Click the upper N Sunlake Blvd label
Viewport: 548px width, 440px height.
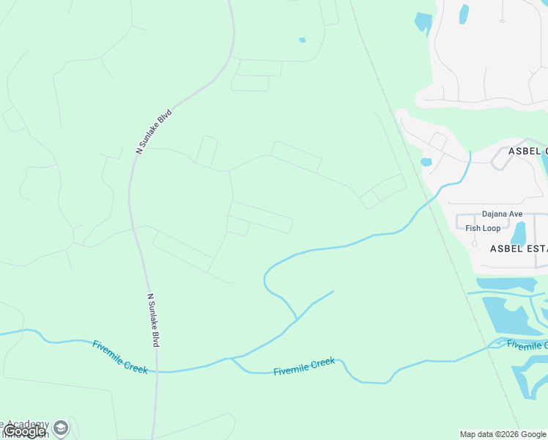point(154,131)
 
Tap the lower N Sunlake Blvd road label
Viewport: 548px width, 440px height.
point(154,320)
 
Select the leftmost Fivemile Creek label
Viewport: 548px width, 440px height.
point(120,356)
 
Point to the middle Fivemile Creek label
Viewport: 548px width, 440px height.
point(304,367)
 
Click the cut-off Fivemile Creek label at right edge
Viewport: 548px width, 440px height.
point(526,344)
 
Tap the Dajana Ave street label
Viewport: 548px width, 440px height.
point(502,214)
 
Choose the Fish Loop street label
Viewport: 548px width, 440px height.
point(483,228)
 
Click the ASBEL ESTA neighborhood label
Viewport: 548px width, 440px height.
point(518,249)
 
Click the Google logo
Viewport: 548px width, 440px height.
point(23,431)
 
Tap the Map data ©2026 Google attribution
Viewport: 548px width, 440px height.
point(503,434)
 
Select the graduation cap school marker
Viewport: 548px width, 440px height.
point(61,427)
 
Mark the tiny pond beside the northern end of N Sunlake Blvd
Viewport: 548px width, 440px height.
point(302,40)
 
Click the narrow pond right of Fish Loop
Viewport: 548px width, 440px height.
point(519,232)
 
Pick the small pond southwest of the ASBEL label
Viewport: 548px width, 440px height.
point(426,162)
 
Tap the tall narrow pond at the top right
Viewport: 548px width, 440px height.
point(463,14)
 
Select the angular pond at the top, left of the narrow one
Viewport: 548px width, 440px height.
point(423,22)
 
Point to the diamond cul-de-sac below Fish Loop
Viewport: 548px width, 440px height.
point(474,243)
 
